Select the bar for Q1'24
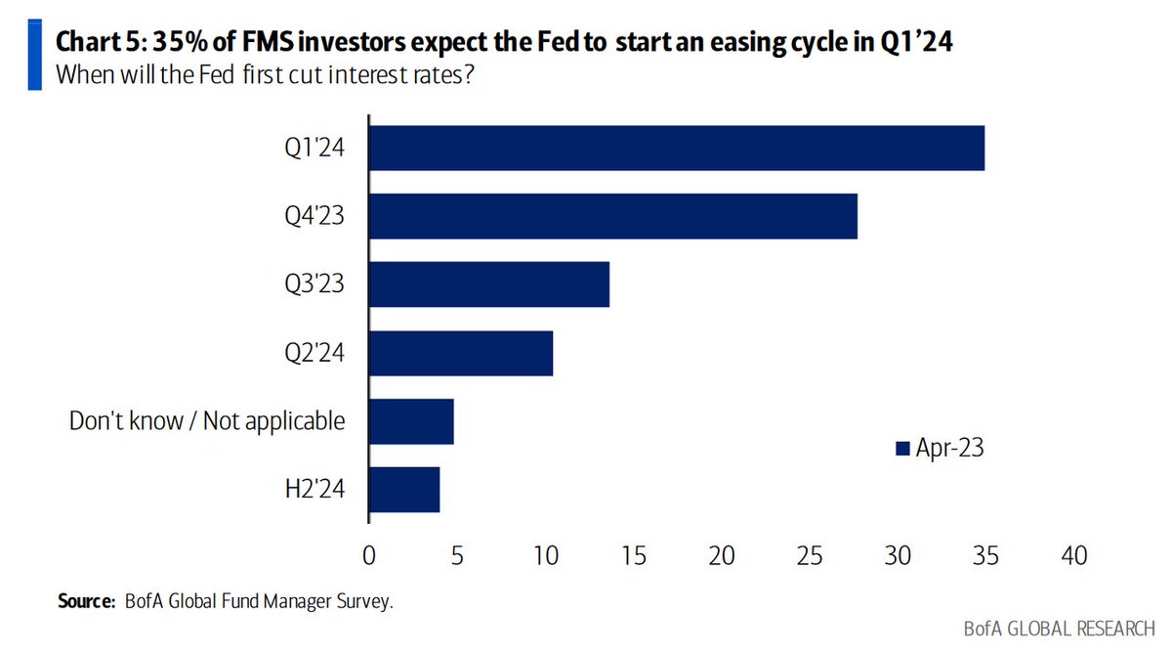(x=677, y=149)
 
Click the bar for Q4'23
(x=613, y=216)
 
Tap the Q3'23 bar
(x=489, y=284)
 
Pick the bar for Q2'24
(x=461, y=353)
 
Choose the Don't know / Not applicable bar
(x=411, y=421)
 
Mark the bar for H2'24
(x=404, y=490)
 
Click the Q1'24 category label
(x=314, y=148)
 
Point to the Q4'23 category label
(x=314, y=216)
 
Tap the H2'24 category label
(x=314, y=489)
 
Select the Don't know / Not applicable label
(x=207, y=421)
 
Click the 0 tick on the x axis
(x=369, y=555)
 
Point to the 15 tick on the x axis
(x=634, y=555)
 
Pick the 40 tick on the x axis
(x=1074, y=555)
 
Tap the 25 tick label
(x=810, y=555)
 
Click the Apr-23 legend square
(x=902, y=449)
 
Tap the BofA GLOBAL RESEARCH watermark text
(x=1059, y=629)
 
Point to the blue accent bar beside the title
(x=34, y=55)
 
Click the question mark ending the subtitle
(x=468, y=75)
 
